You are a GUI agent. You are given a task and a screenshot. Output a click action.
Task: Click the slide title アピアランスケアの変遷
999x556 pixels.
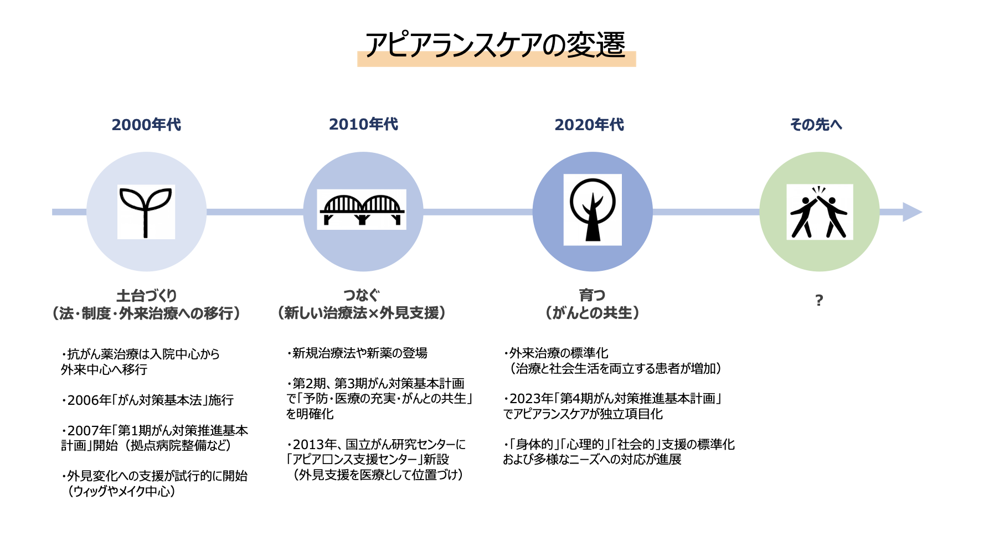point(496,45)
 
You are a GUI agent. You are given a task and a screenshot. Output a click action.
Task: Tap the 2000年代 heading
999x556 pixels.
point(146,125)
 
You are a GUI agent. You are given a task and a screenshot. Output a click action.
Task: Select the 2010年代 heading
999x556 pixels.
point(363,124)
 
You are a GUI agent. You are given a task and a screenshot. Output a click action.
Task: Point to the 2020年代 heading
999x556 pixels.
point(589,125)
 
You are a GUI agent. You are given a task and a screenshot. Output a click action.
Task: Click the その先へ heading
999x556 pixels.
point(816,125)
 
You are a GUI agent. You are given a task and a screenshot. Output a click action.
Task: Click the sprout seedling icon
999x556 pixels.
point(146,212)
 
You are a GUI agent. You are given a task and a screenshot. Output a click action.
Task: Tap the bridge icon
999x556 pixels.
point(362,210)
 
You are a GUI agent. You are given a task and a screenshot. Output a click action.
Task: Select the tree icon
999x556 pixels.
point(593,210)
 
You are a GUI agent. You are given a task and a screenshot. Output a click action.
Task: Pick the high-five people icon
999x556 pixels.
point(819,212)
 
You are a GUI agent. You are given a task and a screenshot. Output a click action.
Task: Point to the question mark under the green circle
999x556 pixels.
point(819,301)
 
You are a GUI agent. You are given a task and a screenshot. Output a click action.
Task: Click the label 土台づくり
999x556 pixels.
point(146,295)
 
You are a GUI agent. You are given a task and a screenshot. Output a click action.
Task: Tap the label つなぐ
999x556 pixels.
point(361,295)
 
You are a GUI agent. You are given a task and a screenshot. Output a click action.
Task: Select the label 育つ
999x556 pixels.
point(592,295)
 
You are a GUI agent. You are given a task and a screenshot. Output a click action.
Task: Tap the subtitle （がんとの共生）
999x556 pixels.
point(592,313)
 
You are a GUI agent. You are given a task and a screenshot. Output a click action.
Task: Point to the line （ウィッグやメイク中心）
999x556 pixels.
point(121,491)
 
